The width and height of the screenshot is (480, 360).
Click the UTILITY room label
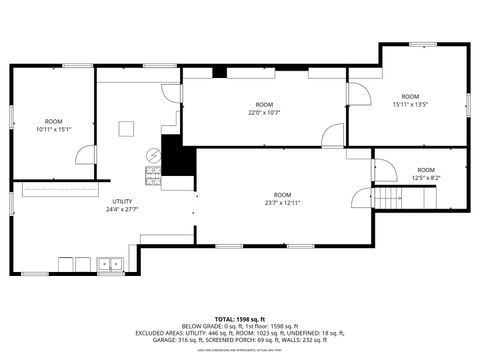(122, 202)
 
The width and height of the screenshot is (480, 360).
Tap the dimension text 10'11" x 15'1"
(54, 129)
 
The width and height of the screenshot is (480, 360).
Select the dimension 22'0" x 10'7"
(264, 113)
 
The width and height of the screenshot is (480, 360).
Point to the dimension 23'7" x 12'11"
(283, 203)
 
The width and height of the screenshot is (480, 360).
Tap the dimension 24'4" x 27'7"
(122, 210)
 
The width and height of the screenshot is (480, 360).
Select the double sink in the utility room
(110, 264)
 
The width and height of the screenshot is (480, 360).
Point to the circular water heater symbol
(153, 156)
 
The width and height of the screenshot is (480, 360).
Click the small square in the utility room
(126, 127)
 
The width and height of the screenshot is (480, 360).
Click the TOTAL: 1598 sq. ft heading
(239, 319)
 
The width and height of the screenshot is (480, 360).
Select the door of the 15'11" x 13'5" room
(353, 95)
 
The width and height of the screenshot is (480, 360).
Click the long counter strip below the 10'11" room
(60, 188)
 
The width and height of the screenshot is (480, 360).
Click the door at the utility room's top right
(170, 93)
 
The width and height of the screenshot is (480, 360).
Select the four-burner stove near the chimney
(153, 175)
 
